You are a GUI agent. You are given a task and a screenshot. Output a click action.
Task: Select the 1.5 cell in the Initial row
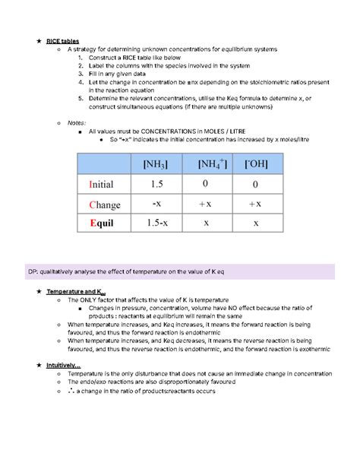point(156,184)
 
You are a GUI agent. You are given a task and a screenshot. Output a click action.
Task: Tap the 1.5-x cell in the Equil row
point(156,223)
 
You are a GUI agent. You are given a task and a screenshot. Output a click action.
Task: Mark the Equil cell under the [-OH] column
point(256,223)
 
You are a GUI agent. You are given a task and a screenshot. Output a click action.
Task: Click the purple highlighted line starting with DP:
point(180,271)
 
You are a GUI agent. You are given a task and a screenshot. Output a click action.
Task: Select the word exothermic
point(297,350)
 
